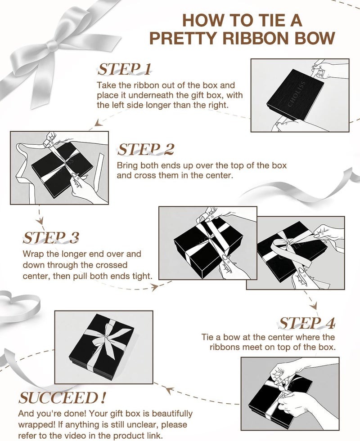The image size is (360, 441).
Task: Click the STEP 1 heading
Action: tap(124, 69)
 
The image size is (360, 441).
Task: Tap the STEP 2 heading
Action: tap(145, 149)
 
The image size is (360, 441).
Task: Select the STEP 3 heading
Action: tap(51, 238)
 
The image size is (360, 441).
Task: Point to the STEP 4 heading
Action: tap(307, 323)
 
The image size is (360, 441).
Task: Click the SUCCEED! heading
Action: tap(62, 398)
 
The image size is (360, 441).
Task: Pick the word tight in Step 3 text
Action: tap(142, 276)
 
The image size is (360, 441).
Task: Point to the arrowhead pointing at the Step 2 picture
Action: tap(97, 123)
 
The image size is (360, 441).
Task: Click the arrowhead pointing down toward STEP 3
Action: tap(40, 220)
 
